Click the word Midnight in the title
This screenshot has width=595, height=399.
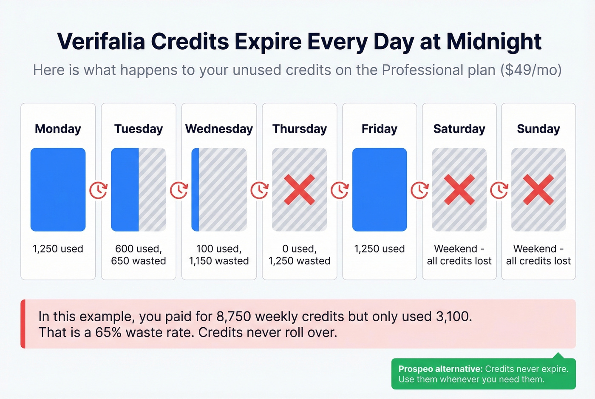click(x=494, y=42)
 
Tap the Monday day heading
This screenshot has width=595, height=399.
click(x=58, y=129)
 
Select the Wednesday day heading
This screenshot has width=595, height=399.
click(x=219, y=129)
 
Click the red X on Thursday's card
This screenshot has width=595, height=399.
click(x=299, y=190)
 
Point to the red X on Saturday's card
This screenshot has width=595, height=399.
click(x=459, y=190)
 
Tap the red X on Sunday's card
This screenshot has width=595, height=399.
click(x=538, y=190)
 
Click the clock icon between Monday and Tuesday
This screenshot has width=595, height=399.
click(x=98, y=190)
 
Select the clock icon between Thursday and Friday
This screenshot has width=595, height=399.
click(x=340, y=190)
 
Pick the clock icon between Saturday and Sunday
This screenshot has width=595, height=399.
click(x=499, y=190)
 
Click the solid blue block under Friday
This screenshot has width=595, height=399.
click(x=380, y=190)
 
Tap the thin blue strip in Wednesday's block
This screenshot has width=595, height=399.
click(x=195, y=190)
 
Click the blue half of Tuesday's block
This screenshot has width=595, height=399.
click(x=125, y=190)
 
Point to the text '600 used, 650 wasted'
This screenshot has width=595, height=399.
click(x=139, y=255)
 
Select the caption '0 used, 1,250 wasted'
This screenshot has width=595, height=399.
click(x=299, y=255)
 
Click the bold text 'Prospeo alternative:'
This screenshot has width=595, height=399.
click(x=440, y=369)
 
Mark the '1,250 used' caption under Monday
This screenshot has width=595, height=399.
click(x=58, y=249)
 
